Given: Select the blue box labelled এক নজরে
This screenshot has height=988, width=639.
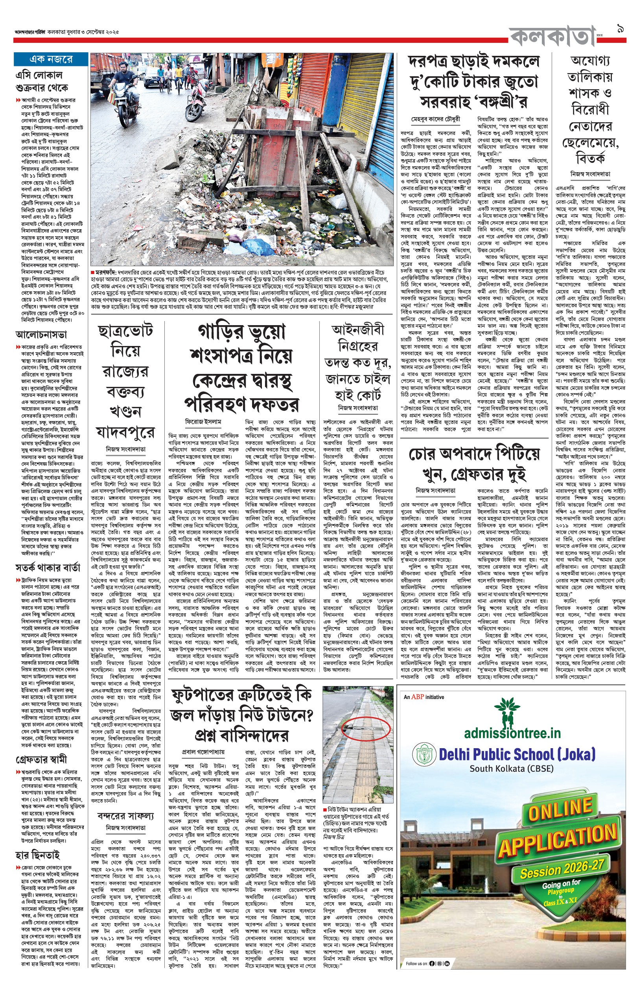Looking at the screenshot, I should click(51, 59).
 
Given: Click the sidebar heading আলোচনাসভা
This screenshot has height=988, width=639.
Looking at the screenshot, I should click(41, 334).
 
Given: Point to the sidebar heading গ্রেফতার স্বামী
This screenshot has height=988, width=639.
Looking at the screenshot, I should click(41, 760).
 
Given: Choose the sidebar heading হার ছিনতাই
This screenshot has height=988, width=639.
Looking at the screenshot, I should click(38, 855).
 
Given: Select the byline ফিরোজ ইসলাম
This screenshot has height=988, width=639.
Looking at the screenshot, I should click(203, 421).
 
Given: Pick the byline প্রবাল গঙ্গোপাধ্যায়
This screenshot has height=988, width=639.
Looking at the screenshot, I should click(203, 752).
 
